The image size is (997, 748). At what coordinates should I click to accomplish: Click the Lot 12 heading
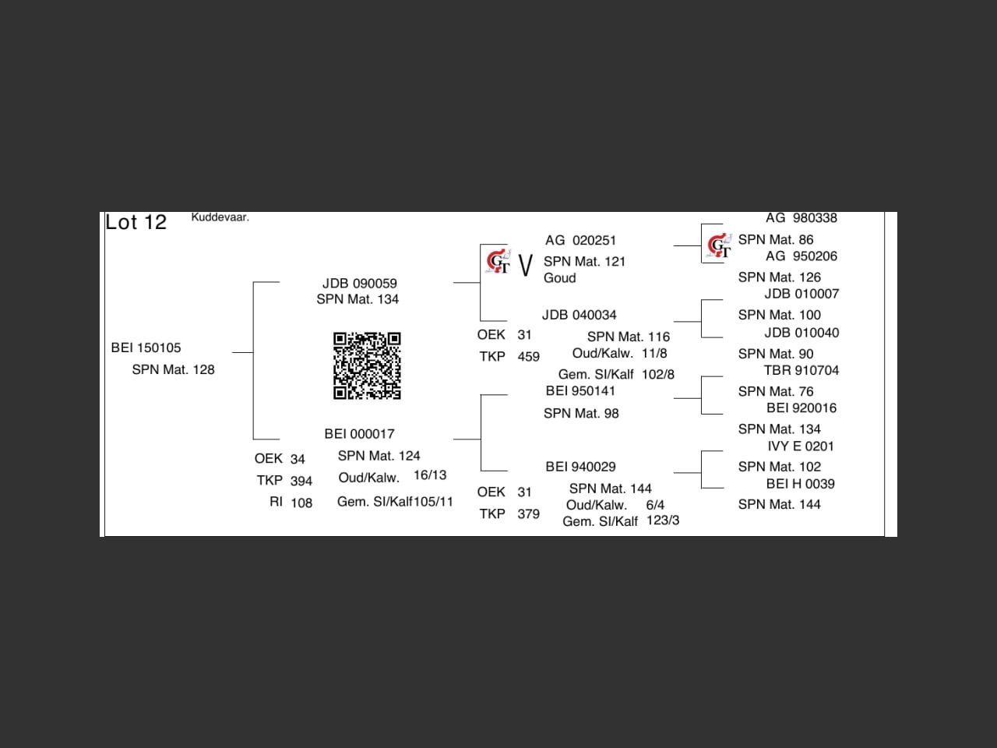coord(136,222)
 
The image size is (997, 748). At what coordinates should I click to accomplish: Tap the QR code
coord(367,365)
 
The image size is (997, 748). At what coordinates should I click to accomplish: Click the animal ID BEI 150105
coord(146,348)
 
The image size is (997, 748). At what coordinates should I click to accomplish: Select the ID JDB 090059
coord(359,283)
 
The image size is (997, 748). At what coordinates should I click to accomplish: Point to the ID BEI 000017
coord(359,433)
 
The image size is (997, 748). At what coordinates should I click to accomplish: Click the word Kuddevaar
coord(220,217)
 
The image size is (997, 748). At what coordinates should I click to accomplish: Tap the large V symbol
coord(526,265)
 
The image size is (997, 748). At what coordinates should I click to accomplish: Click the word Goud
coord(559,278)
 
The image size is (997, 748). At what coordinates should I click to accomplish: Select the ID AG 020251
coord(580,240)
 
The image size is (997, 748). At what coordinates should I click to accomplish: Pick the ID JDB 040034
coord(579,315)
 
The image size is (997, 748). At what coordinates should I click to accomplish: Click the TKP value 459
coord(528,356)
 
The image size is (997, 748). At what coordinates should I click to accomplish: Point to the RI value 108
coord(301,503)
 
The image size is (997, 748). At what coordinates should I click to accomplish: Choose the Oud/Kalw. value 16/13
coord(430,475)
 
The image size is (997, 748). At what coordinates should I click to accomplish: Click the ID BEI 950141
coord(580,390)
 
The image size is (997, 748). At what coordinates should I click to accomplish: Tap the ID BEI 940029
coord(580,467)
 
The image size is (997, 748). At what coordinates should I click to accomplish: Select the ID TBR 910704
coord(801,370)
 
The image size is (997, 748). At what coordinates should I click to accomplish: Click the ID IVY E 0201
coord(800,446)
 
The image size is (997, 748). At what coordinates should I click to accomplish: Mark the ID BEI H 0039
coord(800,483)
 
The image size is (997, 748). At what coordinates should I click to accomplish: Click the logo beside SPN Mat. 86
coord(719,245)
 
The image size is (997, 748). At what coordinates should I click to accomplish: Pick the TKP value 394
coord(301,481)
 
